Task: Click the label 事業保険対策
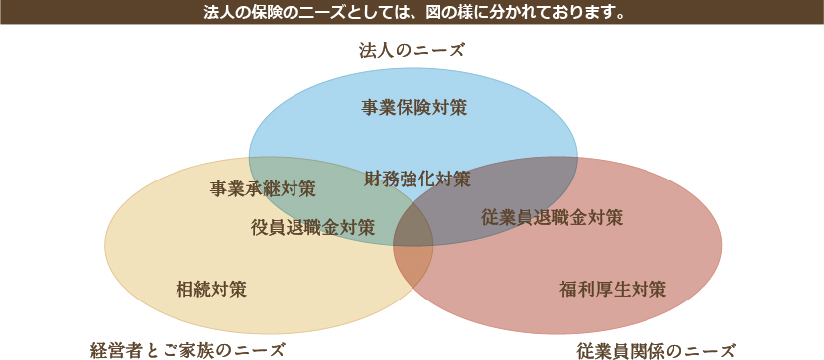click(x=414, y=107)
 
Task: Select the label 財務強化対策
click(x=416, y=180)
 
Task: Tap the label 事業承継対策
click(x=263, y=188)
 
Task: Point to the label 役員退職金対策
click(x=312, y=227)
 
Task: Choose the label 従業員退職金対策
click(x=551, y=217)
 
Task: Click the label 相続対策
click(x=211, y=290)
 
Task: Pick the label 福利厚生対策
click(x=612, y=290)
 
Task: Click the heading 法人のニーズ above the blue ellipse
click(x=412, y=49)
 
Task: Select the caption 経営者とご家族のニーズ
click(x=187, y=349)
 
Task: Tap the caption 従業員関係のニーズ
click(x=656, y=349)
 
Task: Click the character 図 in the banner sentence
click(x=433, y=14)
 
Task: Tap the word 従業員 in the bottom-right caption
click(x=601, y=349)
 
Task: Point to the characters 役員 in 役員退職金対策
click(x=268, y=227)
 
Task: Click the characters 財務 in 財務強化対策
click(x=381, y=180)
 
